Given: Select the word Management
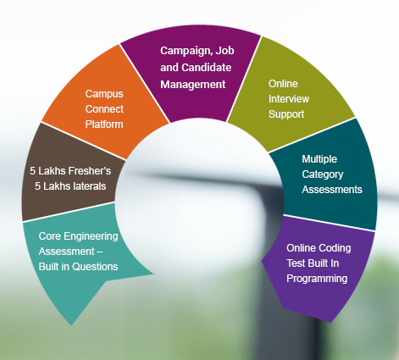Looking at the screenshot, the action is click(193, 85).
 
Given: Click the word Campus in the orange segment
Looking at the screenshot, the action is click(104, 94).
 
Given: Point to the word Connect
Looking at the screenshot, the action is click(104, 109).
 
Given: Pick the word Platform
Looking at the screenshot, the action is click(104, 125).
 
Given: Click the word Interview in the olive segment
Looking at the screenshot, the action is click(289, 99).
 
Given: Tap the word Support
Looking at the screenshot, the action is click(286, 114).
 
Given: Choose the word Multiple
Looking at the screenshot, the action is click(319, 159).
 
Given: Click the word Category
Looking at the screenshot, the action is click(323, 174).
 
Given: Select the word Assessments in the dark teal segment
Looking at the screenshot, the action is click(332, 190).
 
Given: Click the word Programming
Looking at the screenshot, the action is click(317, 279).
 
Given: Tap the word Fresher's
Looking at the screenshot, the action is click(90, 171).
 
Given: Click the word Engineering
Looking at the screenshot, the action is click(91, 236).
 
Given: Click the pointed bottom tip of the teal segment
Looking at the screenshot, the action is click(71, 325).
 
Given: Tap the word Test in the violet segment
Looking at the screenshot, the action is click(296, 263).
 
